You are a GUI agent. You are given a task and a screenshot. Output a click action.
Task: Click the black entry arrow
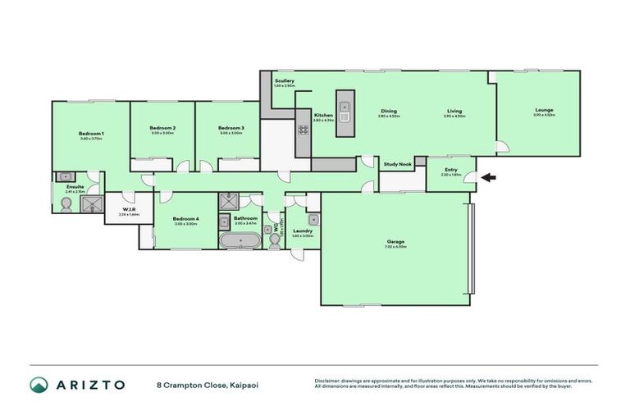489,176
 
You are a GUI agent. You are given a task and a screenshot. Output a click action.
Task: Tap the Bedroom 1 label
91,133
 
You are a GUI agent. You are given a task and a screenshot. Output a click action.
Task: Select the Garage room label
396,241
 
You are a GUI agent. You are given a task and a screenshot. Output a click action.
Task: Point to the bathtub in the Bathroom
240,240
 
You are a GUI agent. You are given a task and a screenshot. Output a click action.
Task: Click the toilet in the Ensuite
64,205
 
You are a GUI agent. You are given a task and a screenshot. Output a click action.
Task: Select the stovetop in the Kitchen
303,129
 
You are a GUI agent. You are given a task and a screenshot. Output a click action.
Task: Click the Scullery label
285,81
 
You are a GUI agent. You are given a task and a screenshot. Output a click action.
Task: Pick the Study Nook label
398,164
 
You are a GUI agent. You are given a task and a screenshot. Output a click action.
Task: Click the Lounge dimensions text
544,116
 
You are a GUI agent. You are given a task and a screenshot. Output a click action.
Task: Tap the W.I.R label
129,209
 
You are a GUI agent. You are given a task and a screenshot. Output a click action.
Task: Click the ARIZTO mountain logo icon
39,385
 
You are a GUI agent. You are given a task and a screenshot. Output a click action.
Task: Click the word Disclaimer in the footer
329,381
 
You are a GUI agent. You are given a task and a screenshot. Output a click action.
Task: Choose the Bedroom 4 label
185,218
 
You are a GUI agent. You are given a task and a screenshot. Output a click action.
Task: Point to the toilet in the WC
271,238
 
